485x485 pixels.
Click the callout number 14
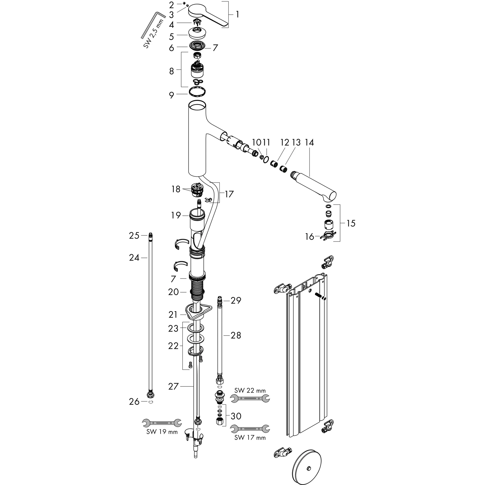(x=309, y=143)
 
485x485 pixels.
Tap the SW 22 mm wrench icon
(x=250, y=398)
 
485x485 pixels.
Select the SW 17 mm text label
(x=250, y=438)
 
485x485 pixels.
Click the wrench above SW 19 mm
(x=162, y=423)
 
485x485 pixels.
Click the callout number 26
(x=134, y=402)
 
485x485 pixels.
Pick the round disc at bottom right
(x=307, y=468)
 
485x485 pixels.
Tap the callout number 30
(x=236, y=416)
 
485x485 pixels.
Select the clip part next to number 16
(x=328, y=237)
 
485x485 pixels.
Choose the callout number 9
(x=171, y=95)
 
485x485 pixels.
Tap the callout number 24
(x=134, y=258)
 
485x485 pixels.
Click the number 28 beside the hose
(x=236, y=335)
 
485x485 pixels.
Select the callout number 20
(x=173, y=292)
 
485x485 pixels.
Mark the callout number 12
(x=285, y=143)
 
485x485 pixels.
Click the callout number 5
(x=171, y=37)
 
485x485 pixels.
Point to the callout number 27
(x=173, y=386)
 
